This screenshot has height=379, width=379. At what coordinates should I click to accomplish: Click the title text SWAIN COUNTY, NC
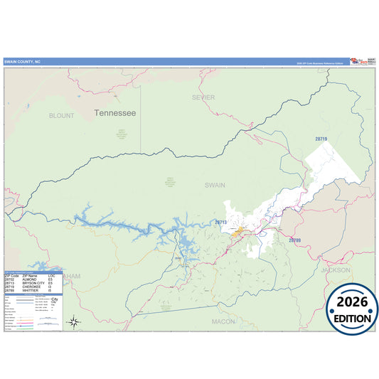tap(23, 62)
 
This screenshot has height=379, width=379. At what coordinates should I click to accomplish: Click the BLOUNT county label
tap(61, 114)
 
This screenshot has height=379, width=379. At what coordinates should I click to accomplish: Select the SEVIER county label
tap(203, 97)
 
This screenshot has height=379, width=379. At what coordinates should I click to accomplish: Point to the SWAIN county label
tap(215, 184)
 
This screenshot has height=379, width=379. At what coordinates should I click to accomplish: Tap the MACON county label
tap(223, 321)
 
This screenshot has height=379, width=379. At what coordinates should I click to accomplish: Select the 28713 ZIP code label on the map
tap(220, 222)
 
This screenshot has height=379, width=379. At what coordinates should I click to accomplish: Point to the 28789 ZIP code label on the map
tap(294, 240)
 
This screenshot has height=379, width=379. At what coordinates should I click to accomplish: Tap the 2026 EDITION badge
tap(351, 309)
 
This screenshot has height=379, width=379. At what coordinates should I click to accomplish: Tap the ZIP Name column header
tap(30, 274)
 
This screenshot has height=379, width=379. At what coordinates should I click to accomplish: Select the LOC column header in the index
tap(51, 274)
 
